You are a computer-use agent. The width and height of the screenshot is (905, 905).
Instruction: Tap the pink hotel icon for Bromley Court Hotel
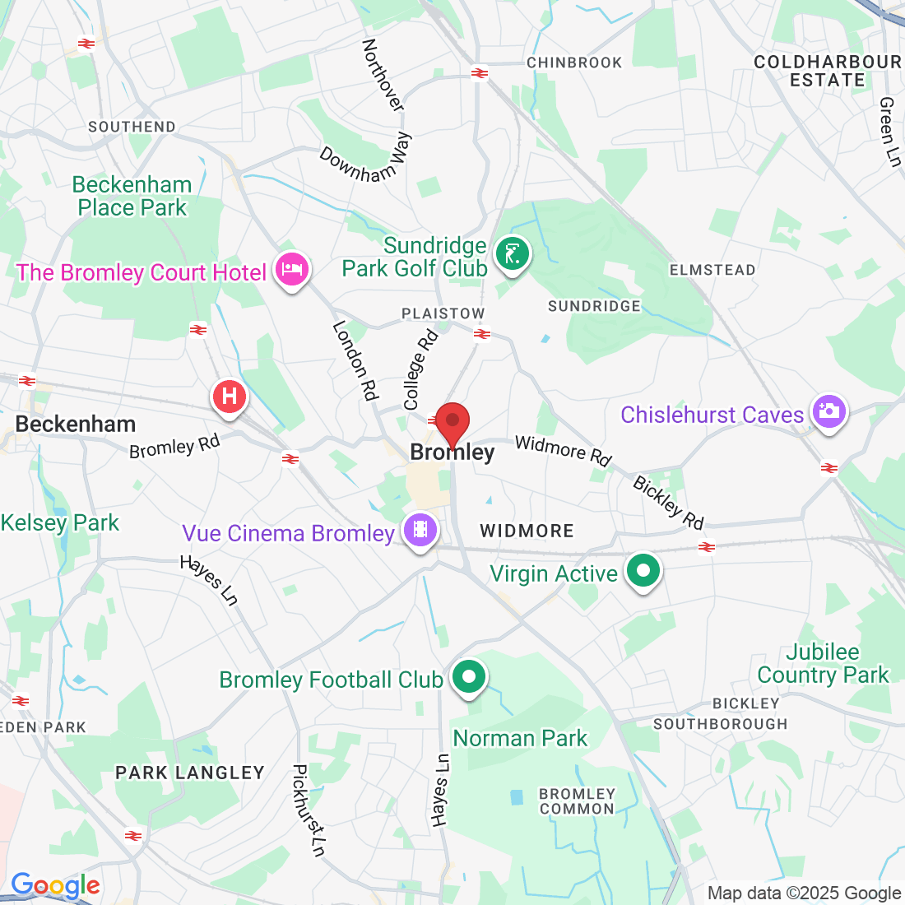tap(293, 268)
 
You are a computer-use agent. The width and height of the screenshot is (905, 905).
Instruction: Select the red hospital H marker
tap(230, 397)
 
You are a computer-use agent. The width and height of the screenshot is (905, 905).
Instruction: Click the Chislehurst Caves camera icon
tap(828, 410)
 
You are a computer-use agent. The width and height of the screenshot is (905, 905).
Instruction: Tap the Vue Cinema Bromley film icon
tap(420, 529)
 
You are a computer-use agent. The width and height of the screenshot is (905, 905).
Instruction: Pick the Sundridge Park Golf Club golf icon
tap(513, 253)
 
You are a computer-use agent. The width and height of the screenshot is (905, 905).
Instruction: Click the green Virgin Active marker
tap(643, 569)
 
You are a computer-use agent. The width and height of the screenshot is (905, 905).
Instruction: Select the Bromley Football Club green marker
tap(470, 677)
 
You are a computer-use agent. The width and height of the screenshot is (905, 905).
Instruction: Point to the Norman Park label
tap(520, 738)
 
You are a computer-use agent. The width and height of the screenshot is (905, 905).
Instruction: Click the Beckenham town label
tap(76, 424)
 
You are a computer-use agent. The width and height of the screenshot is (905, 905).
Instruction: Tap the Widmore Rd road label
tap(563, 451)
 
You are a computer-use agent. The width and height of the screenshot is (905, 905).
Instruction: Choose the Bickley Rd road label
tap(668, 503)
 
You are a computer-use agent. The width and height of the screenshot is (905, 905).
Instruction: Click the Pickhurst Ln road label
tap(309, 810)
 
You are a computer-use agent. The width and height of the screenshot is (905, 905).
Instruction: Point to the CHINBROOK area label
tap(574, 63)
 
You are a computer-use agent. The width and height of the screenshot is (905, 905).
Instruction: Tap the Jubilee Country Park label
tap(823, 664)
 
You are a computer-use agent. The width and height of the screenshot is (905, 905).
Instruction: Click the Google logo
tap(55, 886)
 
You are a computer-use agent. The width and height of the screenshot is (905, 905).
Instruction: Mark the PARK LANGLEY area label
tap(190, 773)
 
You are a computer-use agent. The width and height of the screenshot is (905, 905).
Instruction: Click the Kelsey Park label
tap(59, 522)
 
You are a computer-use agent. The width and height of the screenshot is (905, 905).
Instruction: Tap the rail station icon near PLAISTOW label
tap(483, 334)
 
